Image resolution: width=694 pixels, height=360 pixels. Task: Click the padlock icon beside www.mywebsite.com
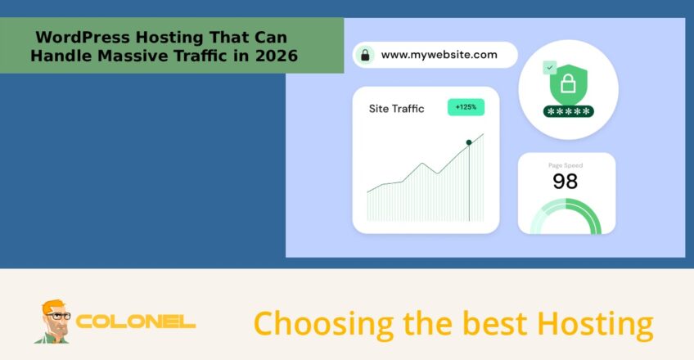(x=365, y=55)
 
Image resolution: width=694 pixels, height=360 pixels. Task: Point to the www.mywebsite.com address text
(x=439, y=55)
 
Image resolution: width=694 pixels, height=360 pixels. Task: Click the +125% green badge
(x=466, y=107)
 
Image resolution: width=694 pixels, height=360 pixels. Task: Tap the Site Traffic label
(x=396, y=108)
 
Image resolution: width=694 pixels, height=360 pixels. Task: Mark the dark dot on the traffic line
(x=469, y=142)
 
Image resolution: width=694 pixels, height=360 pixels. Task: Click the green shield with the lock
(x=567, y=83)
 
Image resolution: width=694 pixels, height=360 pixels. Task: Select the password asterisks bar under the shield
(x=567, y=110)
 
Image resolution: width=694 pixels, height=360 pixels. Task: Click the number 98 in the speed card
(x=565, y=181)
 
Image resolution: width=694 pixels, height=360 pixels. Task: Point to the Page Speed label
(x=565, y=165)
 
